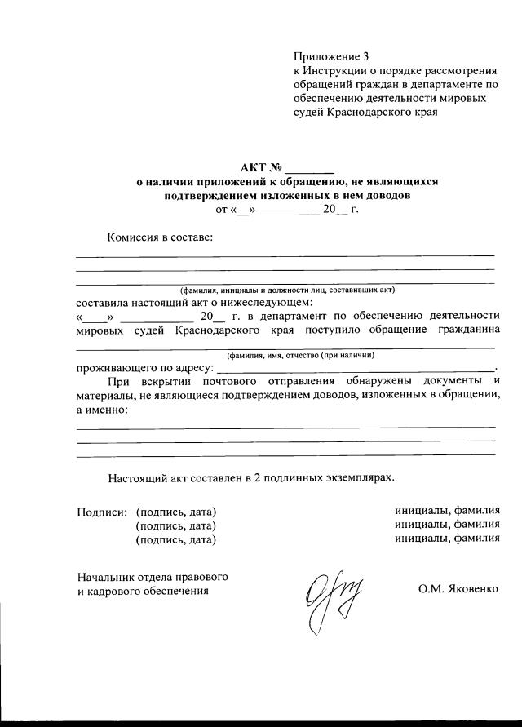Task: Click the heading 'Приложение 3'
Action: coord(331,56)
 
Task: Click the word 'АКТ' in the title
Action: coord(254,169)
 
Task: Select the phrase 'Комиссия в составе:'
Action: coord(160,237)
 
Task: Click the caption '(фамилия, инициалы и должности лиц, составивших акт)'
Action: coord(287,290)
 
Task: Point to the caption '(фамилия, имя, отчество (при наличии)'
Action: coord(301,356)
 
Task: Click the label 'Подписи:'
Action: coord(102,512)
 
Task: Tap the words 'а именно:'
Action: coord(102,409)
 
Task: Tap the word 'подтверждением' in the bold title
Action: coord(207,196)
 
